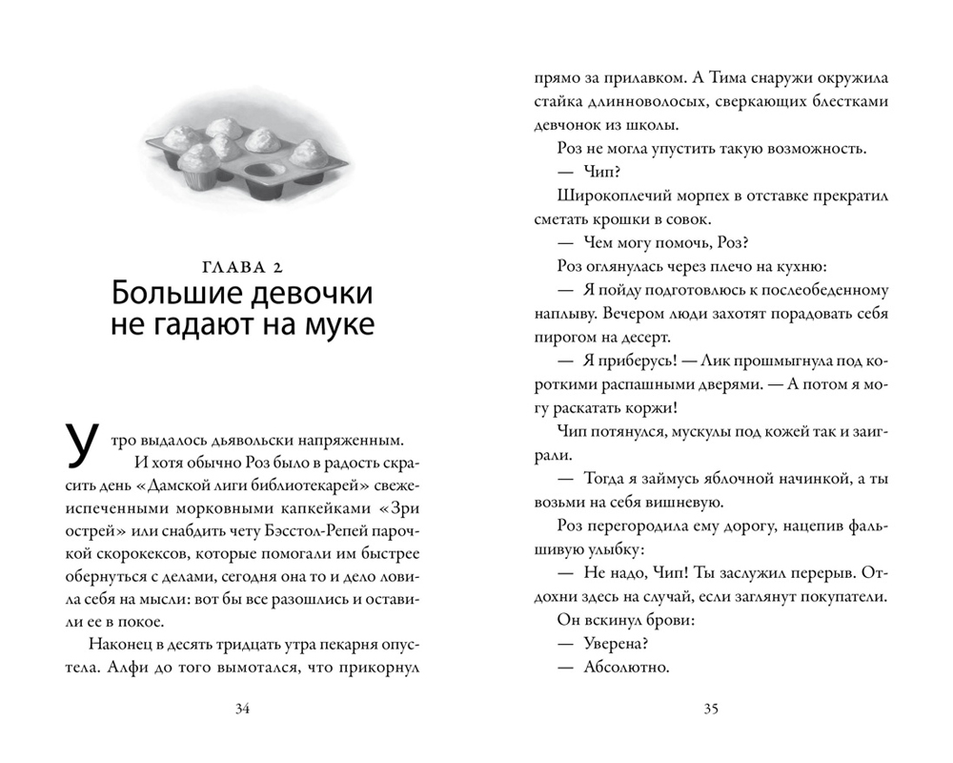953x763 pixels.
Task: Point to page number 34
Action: [242, 708]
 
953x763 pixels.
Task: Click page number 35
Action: [711, 708]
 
